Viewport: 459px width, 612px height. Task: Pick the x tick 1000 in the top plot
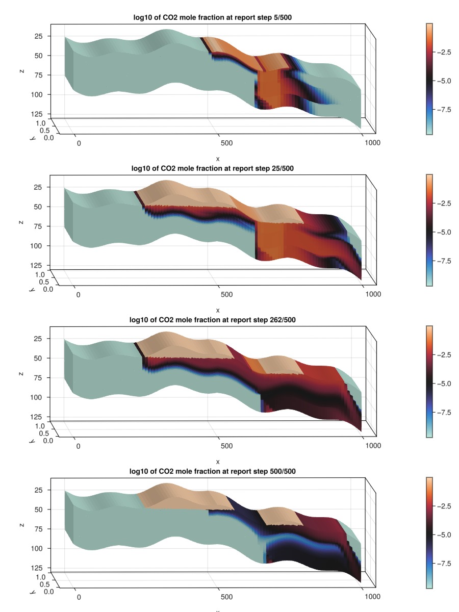(x=372, y=143)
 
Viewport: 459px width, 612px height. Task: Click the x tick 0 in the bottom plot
(x=78, y=597)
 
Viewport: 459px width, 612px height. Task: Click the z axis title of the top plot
(x=22, y=71)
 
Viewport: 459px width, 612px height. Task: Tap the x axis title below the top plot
(x=218, y=159)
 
